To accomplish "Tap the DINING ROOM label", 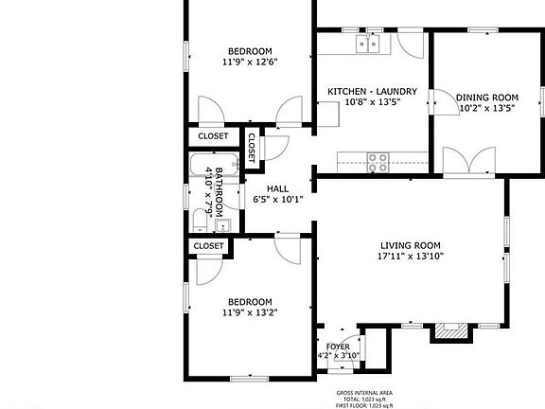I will [487, 98].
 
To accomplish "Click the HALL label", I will [277, 188].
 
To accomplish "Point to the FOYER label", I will [338, 347].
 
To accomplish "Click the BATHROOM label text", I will [219, 191].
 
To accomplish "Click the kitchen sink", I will [367, 43].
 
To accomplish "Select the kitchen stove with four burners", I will [378, 161].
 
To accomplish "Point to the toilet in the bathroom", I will [201, 221].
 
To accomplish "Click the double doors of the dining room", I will [465, 163].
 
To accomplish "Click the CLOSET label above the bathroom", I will [213, 136].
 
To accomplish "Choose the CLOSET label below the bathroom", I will [208, 246].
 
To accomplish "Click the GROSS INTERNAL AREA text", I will [364, 392].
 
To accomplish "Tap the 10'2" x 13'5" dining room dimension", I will [487, 108].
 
